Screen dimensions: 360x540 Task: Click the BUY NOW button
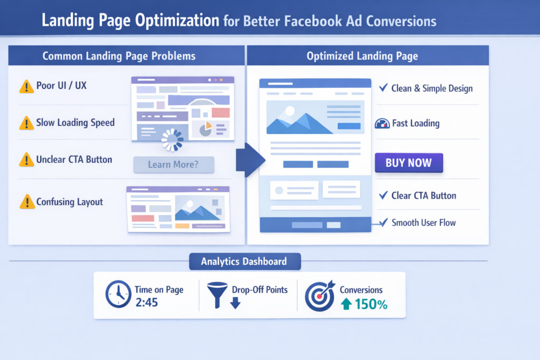(409, 163)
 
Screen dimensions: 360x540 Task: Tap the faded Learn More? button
(173, 164)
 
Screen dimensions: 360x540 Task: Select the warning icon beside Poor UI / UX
(26, 86)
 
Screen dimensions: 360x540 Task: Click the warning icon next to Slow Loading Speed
(26, 123)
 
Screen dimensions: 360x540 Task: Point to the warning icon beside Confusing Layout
(26, 202)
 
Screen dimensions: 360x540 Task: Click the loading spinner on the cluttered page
(172, 140)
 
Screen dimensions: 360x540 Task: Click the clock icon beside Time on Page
(118, 294)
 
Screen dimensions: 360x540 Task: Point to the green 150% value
(371, 304)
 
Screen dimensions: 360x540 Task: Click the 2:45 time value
(147, 303)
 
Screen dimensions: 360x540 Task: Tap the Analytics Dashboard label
(244, 261)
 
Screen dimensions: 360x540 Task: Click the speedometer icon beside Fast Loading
(382, 124)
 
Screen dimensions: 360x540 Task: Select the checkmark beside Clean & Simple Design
(383, 87)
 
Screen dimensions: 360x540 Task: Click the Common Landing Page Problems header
(119, 56)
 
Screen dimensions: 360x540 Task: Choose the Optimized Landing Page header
(362, 56)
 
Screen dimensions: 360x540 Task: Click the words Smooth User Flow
(423, 222)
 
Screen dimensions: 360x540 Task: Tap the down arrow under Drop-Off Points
(235, 303)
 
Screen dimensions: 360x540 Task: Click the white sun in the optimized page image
(289, 111)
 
